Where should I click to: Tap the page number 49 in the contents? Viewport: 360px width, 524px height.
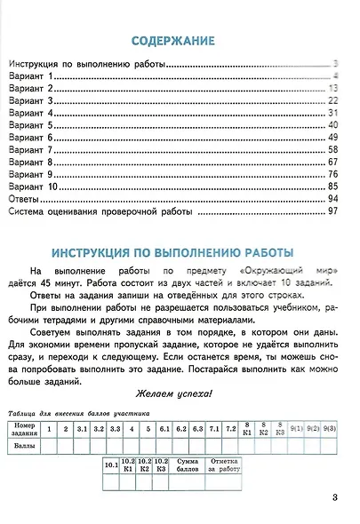pos(333,139)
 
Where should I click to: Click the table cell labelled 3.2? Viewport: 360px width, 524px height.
pos(99,430)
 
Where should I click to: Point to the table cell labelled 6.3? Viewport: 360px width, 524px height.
pos(197,430)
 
